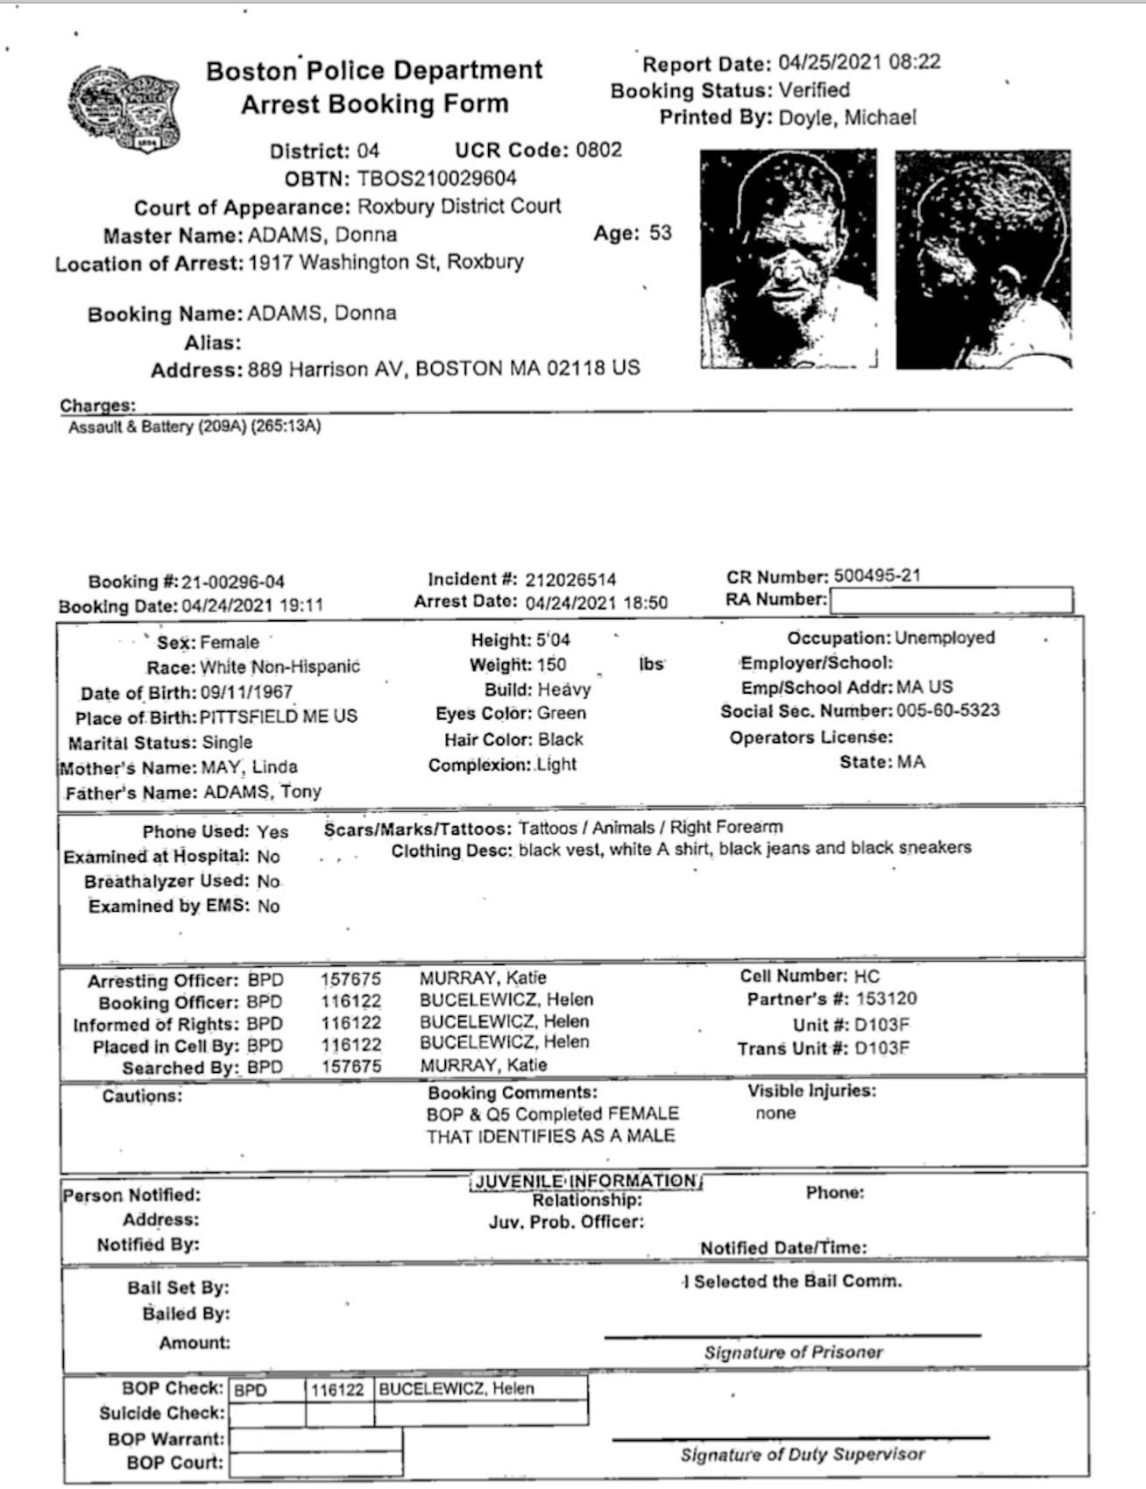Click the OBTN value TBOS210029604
coord(436,179)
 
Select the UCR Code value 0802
coord(598,150)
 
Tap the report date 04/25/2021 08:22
coord(859,62)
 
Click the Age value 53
coord(660,233)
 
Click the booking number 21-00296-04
coord(233,582)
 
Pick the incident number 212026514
coord(570,580)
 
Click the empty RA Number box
coord(951,601)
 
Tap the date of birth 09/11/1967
coord(246,693)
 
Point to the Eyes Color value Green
coord(562,714)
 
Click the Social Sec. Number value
coord(947,710)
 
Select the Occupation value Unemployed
coord(944,638)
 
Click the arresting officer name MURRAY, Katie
coord(483,978)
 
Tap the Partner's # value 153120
coord(887,999)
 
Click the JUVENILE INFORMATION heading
coord(586,1182)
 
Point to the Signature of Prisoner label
coord(793,1352)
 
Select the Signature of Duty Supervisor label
coord(802,1455)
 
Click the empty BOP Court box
coord(315,1463)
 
